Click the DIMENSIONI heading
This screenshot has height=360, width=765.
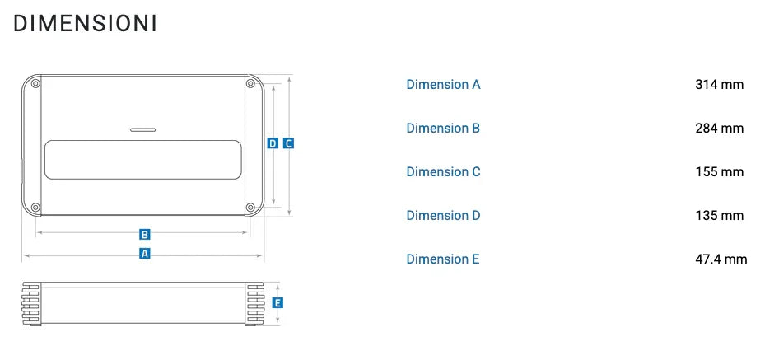85,24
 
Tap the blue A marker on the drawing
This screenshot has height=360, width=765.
144,254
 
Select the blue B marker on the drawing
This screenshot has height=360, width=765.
144,235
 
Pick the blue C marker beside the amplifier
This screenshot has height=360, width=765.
288,143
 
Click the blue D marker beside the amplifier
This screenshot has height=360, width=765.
273,143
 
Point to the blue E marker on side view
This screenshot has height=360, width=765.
278,303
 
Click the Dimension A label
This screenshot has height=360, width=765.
444,84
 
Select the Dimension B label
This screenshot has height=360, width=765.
444,128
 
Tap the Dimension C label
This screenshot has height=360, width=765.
444,171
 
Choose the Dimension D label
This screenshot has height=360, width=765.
444,215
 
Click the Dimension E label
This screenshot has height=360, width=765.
443,259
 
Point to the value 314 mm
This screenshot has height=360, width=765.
720,84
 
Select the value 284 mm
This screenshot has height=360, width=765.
720,128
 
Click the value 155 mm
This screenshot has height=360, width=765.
720,171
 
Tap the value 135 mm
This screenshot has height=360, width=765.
720,215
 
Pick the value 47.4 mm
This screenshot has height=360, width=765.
721,259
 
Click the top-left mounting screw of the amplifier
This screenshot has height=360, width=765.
35,83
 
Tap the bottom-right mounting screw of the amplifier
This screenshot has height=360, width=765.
250,208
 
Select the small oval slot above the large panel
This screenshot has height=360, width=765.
143,130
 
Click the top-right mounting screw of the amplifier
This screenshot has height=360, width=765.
250,83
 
